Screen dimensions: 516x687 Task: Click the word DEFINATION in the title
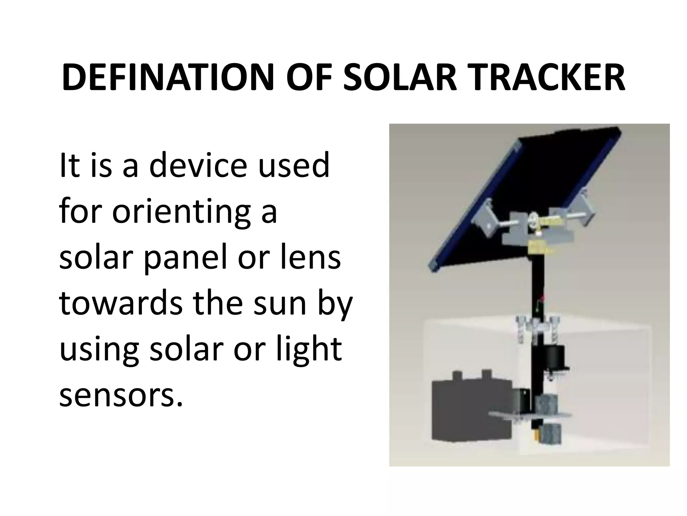click(x=168, y=78)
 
